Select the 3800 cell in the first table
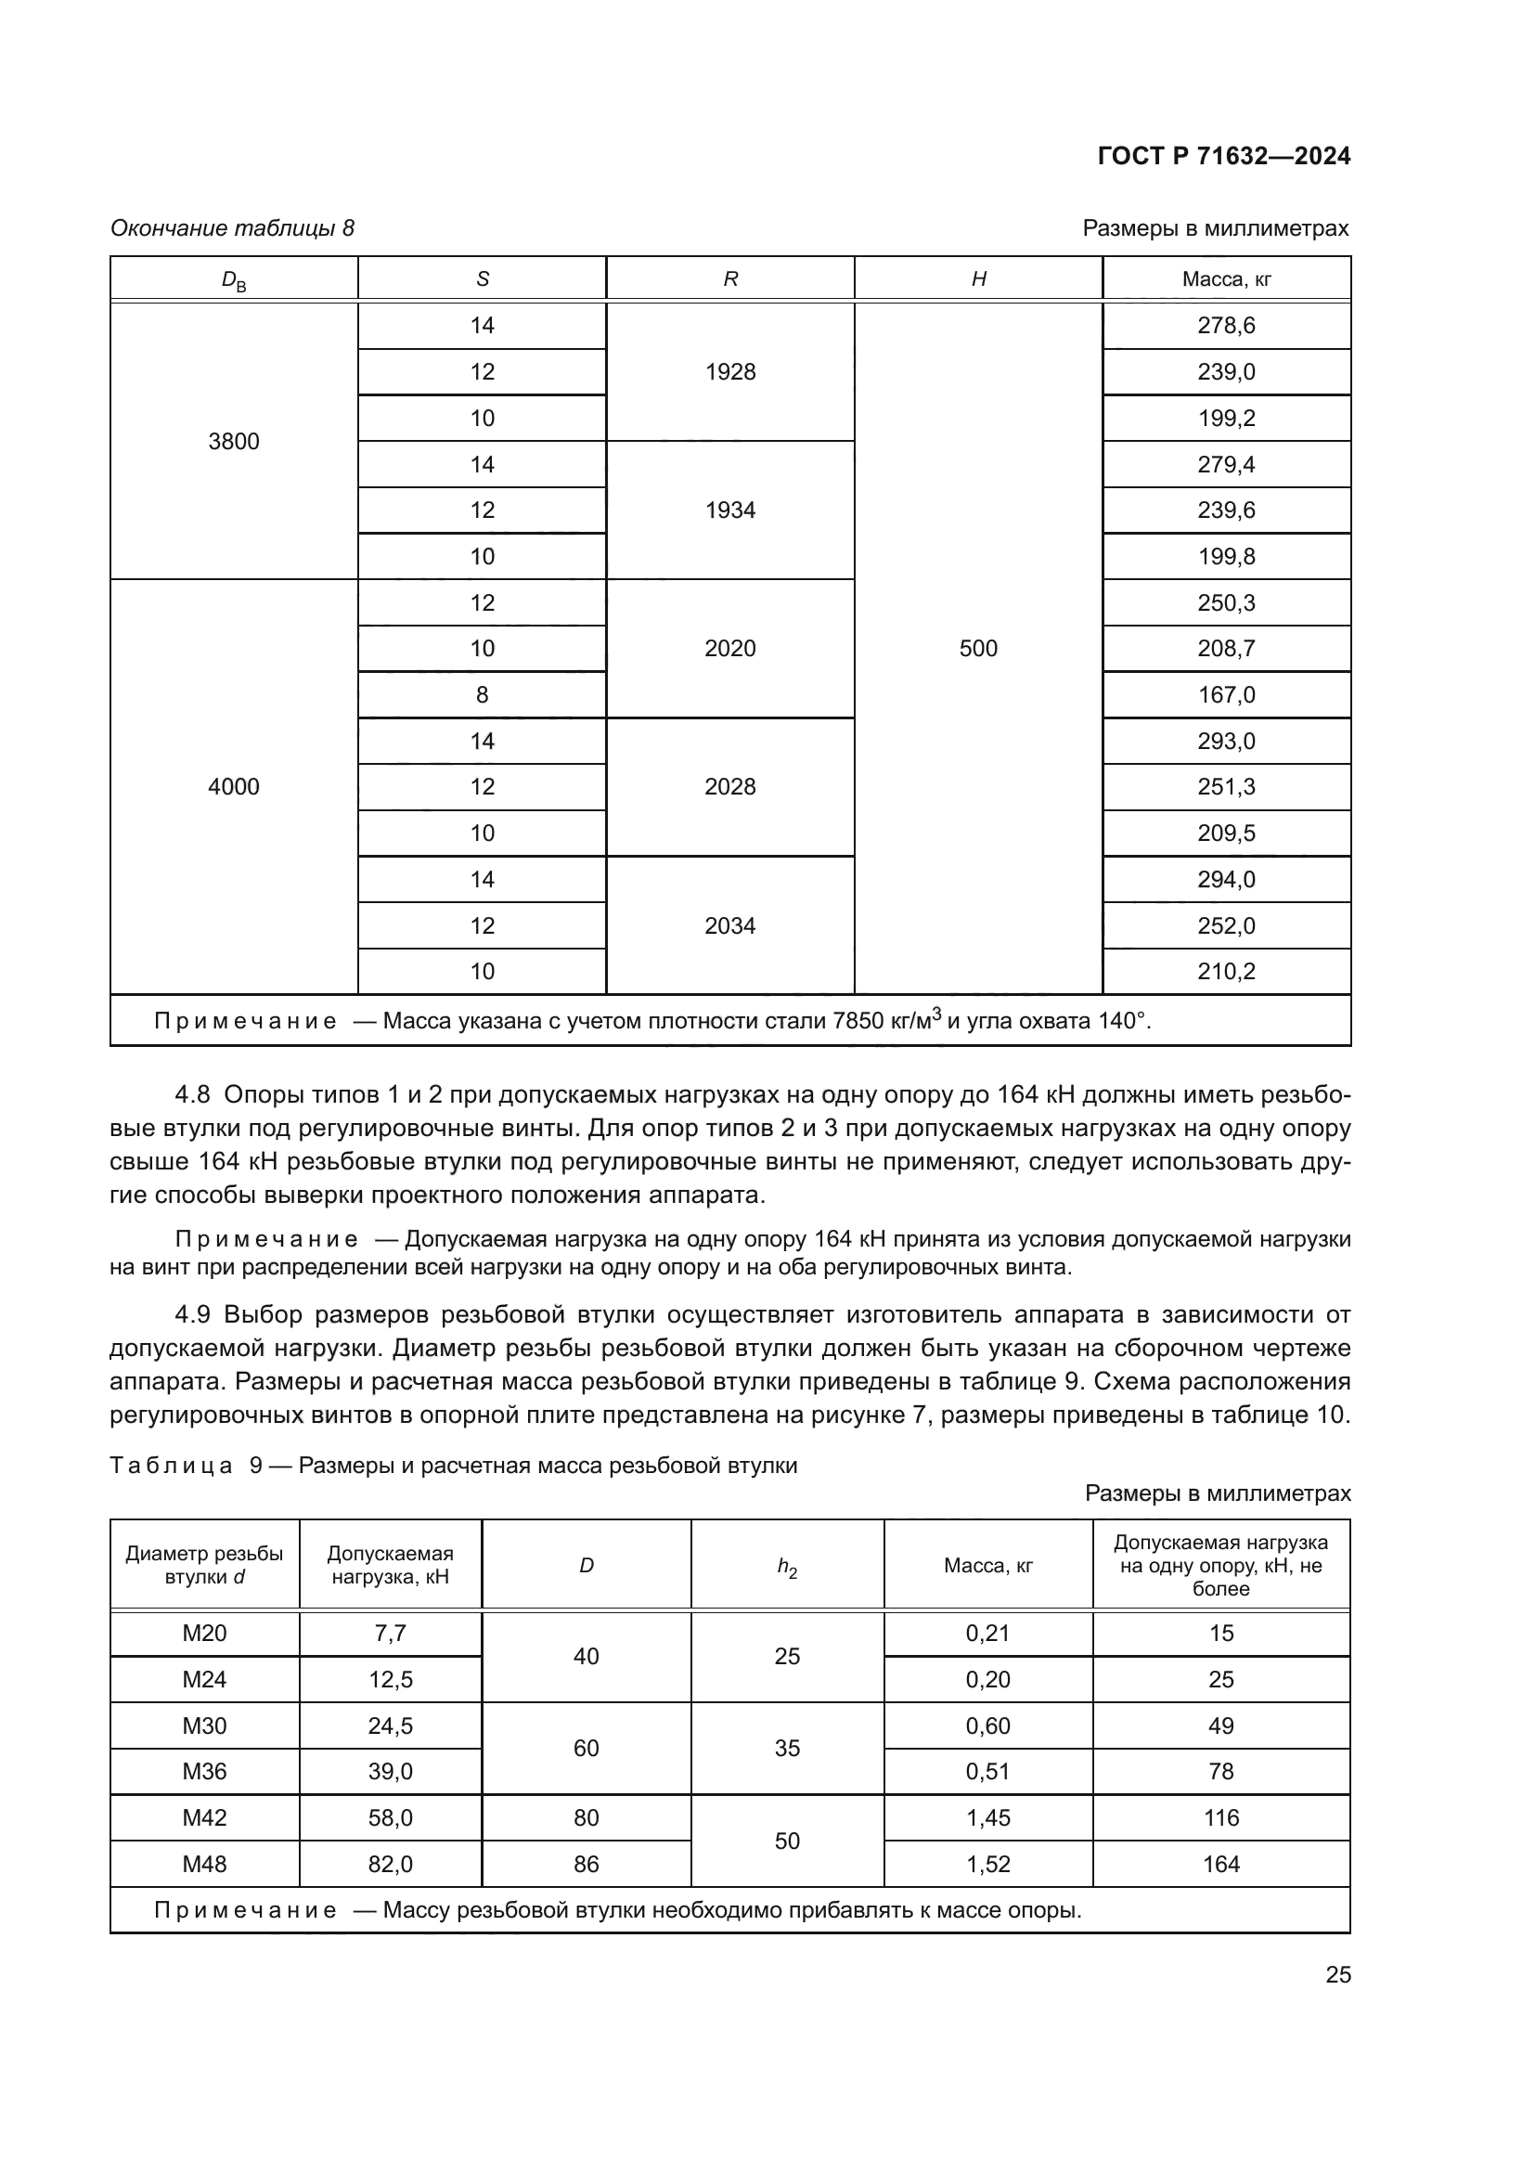coord(234,442)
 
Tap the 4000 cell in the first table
coord(234,787)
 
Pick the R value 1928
coord(729,372)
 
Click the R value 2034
coord(729,925)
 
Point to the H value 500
coord(978,649)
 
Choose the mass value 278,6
coord(1226,326)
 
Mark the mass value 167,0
coord(1226,695)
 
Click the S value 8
coord(482,695)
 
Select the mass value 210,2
coord(1226,972)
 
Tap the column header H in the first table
coord(978,279)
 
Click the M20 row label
coord(204,1633)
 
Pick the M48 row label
coord(204,1864)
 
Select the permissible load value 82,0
coord(391,1864)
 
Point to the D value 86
coord(586,1864)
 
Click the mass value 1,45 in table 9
coord(987,1817)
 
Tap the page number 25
coord(1337,1975)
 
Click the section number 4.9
coord(195,1315)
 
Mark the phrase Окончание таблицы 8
coord(233,229)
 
